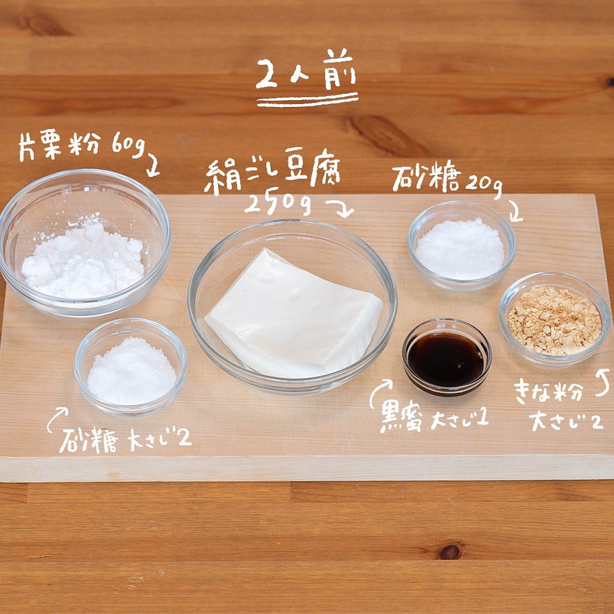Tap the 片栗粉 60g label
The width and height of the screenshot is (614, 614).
point(82,146)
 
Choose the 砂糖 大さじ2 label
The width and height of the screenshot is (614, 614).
point(125,440)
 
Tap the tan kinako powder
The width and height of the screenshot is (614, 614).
point(554,320)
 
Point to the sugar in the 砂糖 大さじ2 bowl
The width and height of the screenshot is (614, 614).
point(131,371)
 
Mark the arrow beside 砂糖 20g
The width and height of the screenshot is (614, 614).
point(516,211)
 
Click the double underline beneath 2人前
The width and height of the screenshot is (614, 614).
point(307,101)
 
